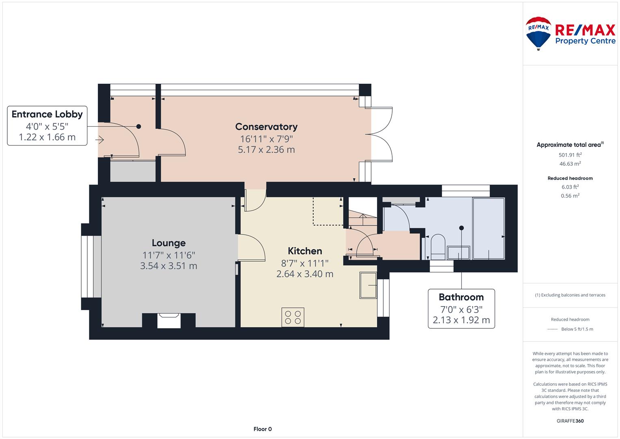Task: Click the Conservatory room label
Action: point(266,127)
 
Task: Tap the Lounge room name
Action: point(169,243)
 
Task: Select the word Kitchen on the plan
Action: point(305,251)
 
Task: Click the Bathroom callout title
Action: point(461,297)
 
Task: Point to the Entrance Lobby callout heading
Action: point(47,114)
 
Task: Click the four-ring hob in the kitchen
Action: point(293,317)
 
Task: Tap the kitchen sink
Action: point(368,285)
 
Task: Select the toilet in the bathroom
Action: point(438,247)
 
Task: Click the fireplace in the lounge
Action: point(169,321)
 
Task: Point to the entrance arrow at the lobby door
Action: point(99,140)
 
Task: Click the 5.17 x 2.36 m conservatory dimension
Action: point(266,150)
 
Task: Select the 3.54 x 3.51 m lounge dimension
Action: point(169,266)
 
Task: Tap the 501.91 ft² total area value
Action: point(570,154)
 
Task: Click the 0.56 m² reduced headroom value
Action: point(570,196)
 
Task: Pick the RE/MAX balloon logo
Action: point(538,33)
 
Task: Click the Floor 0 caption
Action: point(262,429)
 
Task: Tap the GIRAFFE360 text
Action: point(570,421)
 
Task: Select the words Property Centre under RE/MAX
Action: point(585,41)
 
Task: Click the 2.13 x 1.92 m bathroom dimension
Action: point(461,320)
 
